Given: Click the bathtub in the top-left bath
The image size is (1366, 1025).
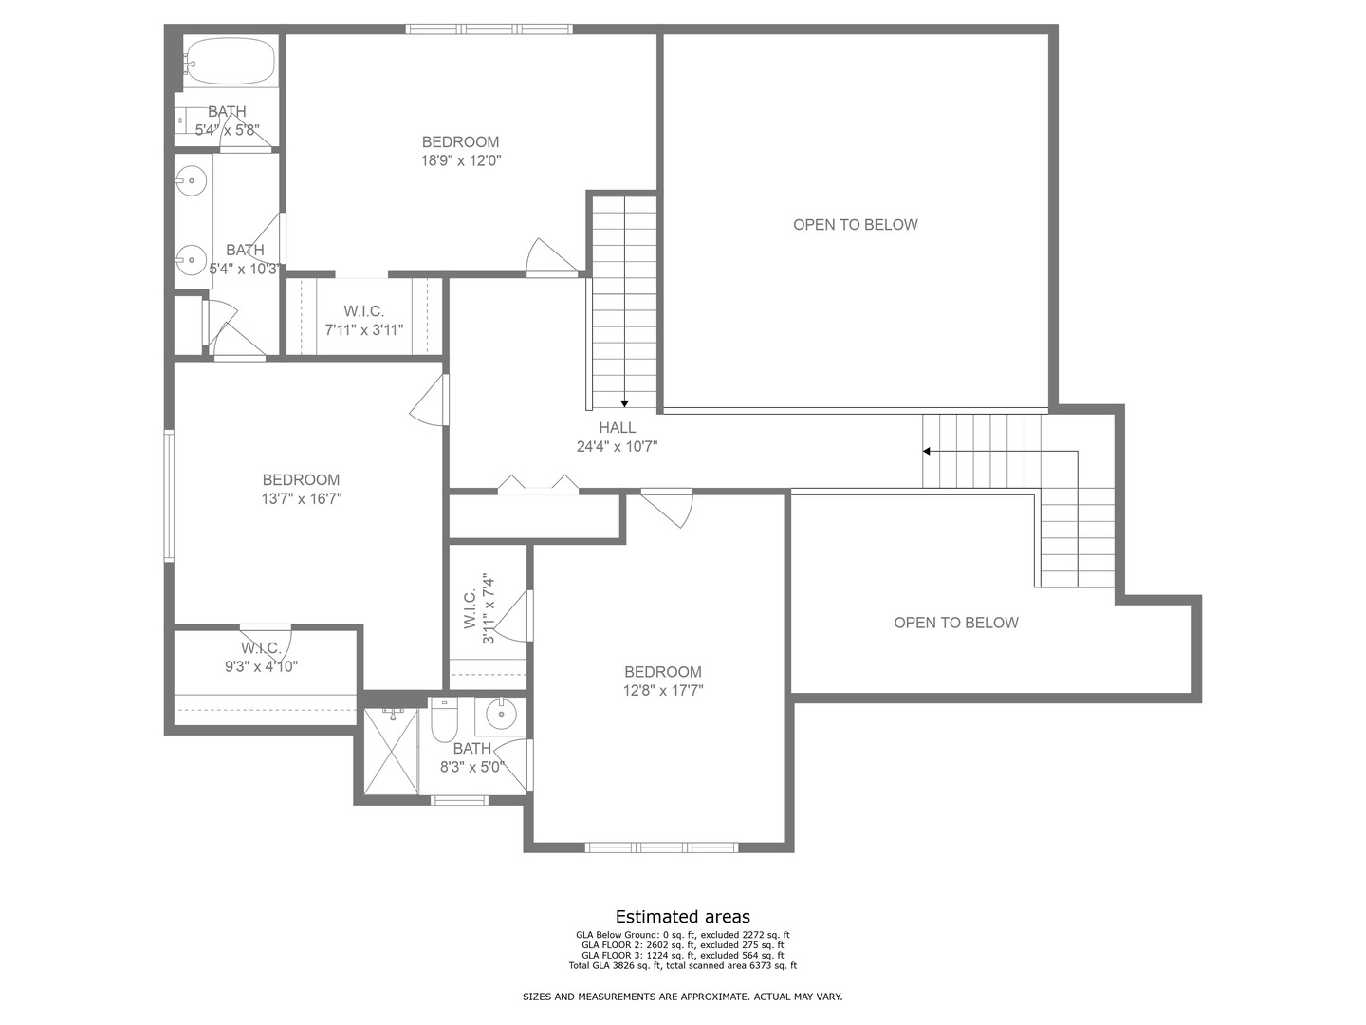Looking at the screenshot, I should tap(230, 63).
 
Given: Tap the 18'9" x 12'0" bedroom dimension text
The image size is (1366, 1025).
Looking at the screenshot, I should tap(460, 161).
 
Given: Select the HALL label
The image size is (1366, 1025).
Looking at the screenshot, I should tap(617, 428).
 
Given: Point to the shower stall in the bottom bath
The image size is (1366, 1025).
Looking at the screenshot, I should tap(391, 751).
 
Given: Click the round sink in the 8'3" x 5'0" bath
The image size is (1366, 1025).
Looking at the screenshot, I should tap(501, 712).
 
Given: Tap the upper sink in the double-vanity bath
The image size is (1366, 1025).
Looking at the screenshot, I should tap(192, 177).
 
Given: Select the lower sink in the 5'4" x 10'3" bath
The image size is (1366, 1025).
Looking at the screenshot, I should tap(192, 257).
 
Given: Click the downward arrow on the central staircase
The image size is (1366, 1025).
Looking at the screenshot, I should tap(624, 403).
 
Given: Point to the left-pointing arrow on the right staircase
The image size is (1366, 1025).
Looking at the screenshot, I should tap(927, 451).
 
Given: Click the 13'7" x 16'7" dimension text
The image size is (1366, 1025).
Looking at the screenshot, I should tap(301, 498).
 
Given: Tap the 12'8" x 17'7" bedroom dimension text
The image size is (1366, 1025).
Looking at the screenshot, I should tap(662, 691).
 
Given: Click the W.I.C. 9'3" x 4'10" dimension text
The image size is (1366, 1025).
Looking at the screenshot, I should tap(261, 666).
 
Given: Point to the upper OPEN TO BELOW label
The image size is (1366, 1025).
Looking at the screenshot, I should tap(855, 225).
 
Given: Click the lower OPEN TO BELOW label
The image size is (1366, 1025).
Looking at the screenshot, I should tap(955, 623).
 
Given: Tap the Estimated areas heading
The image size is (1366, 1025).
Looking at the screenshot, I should tap(682, 917).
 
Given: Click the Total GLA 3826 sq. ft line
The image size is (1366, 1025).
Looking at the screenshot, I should tap(682, 966).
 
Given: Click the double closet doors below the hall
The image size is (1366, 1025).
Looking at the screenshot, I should tap(538, 485).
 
